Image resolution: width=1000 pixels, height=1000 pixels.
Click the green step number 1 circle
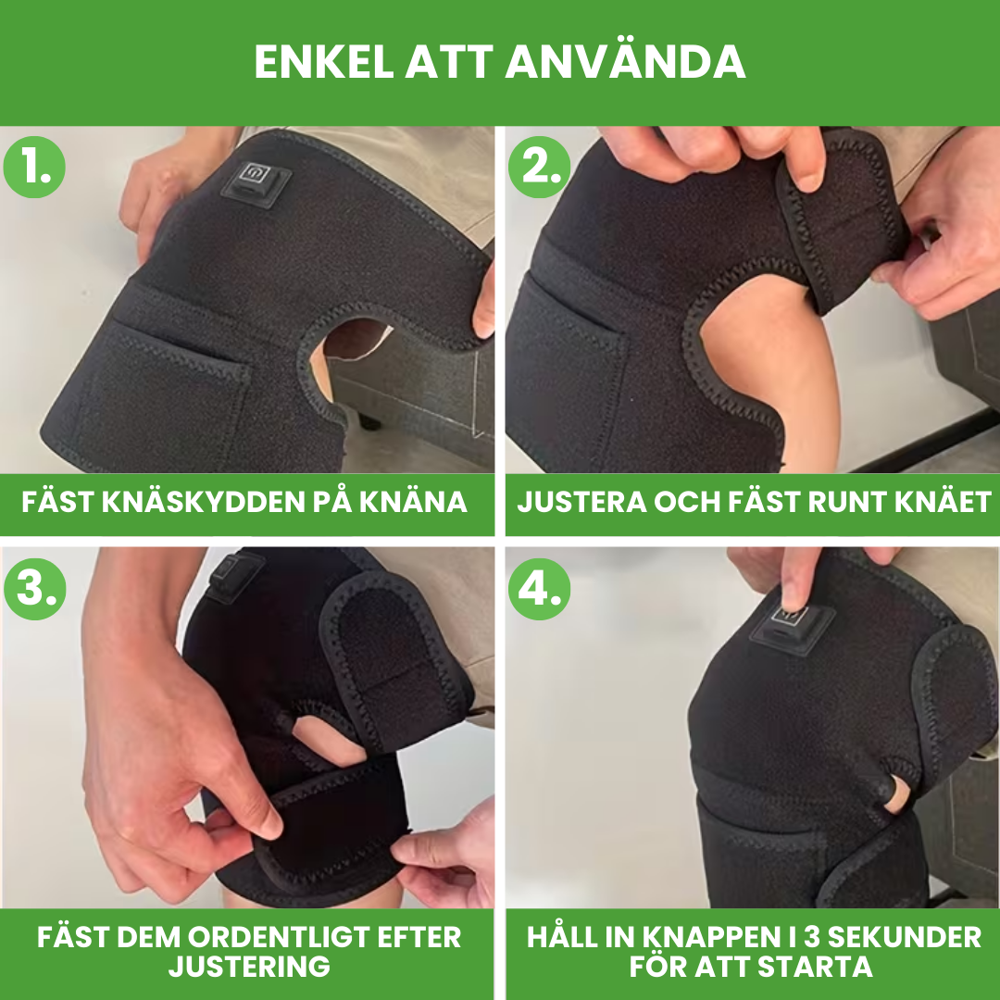coord(35,168)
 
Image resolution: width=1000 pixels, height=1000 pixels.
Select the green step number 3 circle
coord(35,587)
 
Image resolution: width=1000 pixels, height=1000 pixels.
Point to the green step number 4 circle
coord(539,587)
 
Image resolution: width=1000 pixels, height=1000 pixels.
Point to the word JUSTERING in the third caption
coord(249,968)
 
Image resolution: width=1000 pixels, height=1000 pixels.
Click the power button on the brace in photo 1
coord(254,176)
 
